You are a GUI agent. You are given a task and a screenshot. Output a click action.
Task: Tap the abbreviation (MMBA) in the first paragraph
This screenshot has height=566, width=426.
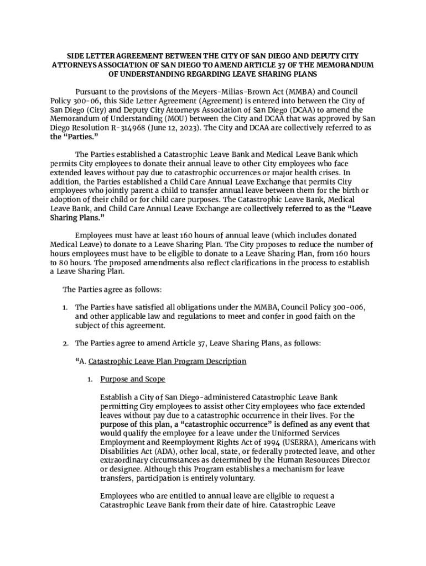317,91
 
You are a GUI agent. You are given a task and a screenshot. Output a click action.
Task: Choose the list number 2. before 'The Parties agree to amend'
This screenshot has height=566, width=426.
65,343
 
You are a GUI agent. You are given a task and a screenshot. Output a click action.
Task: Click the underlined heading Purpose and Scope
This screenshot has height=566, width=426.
133,379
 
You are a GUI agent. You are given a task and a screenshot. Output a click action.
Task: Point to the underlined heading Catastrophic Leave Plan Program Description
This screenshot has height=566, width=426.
167,361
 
